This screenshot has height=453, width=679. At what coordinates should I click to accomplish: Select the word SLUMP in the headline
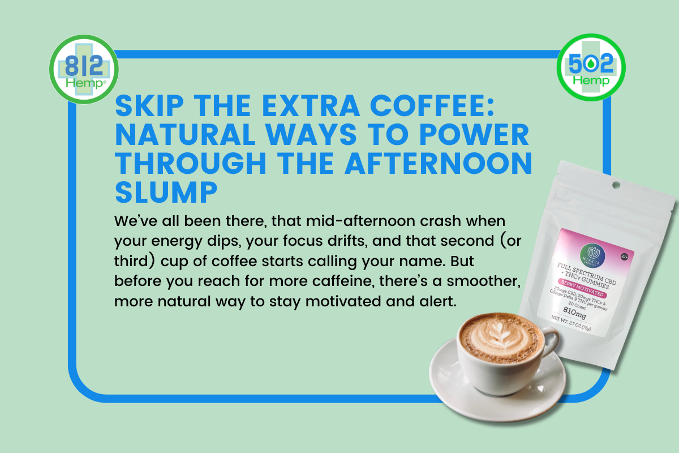(166, 193)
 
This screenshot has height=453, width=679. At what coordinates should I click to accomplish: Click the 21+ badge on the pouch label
(624, 256)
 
